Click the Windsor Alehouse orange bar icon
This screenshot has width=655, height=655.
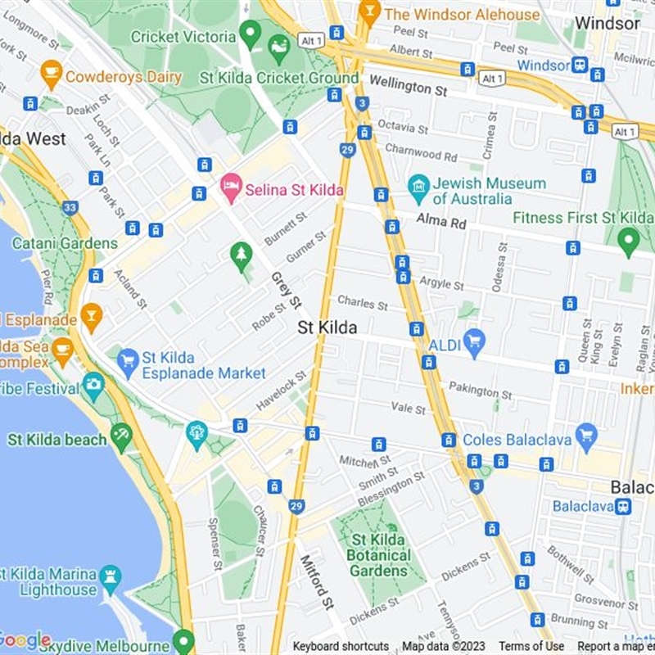coord(371,13)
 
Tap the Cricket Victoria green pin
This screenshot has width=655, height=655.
coord(251,35)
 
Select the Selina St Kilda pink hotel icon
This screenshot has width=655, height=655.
coord(231,188)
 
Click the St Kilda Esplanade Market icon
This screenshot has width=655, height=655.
coord(128,360)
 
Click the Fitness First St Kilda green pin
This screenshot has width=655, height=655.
coord(628,240)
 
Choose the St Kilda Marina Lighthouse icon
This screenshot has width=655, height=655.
coord(110,579)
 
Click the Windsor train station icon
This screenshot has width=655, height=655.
coord(580,65)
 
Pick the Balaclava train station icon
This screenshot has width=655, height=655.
coord(623,506)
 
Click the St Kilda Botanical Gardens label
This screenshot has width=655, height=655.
coord(380,555)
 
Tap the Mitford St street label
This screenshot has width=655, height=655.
coord(317,581)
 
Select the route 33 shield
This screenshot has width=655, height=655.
coord(70,208)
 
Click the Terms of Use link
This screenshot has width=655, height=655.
coord(531,647)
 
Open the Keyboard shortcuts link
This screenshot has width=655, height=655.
coord(341,647)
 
